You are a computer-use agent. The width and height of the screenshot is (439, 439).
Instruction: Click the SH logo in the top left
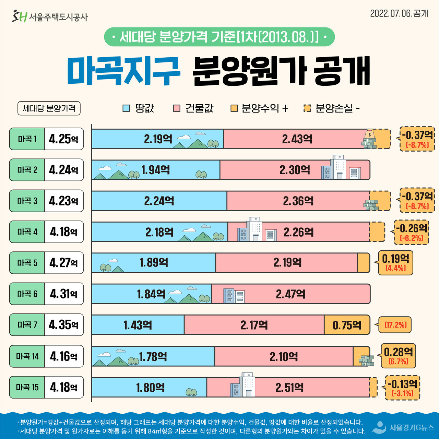click(19, 16)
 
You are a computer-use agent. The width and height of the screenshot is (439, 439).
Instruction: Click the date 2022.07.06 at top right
click(399, 13)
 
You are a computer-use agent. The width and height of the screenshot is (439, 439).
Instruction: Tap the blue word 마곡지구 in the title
click(123, 71)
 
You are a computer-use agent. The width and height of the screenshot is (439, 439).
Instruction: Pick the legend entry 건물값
click(193, 108)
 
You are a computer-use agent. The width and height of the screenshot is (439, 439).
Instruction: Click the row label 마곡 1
click(27, 139)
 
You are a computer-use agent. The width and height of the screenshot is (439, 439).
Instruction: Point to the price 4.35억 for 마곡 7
click(64, 324)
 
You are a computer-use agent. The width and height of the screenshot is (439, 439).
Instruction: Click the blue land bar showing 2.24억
click(159, 201)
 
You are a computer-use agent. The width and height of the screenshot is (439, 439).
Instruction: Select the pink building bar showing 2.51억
click(289, 388)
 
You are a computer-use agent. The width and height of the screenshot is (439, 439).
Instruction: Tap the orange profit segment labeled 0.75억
click(347, 325)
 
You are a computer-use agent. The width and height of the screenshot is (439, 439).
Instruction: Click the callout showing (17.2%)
click(395, 325)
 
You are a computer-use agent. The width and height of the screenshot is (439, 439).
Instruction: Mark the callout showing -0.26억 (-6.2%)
click(411, 232)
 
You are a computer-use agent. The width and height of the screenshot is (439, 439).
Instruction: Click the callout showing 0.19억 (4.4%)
click(395, 263)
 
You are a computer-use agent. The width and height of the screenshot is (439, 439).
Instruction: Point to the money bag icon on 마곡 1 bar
click(370, 134)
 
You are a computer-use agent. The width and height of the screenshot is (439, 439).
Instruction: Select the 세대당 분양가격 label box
click(49, 108)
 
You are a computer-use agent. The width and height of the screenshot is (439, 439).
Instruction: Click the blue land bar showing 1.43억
click(138, 325)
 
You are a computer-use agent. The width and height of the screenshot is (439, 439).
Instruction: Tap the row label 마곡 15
click(27, 387)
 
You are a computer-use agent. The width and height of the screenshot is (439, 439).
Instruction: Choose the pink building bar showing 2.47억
click(290, 294)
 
